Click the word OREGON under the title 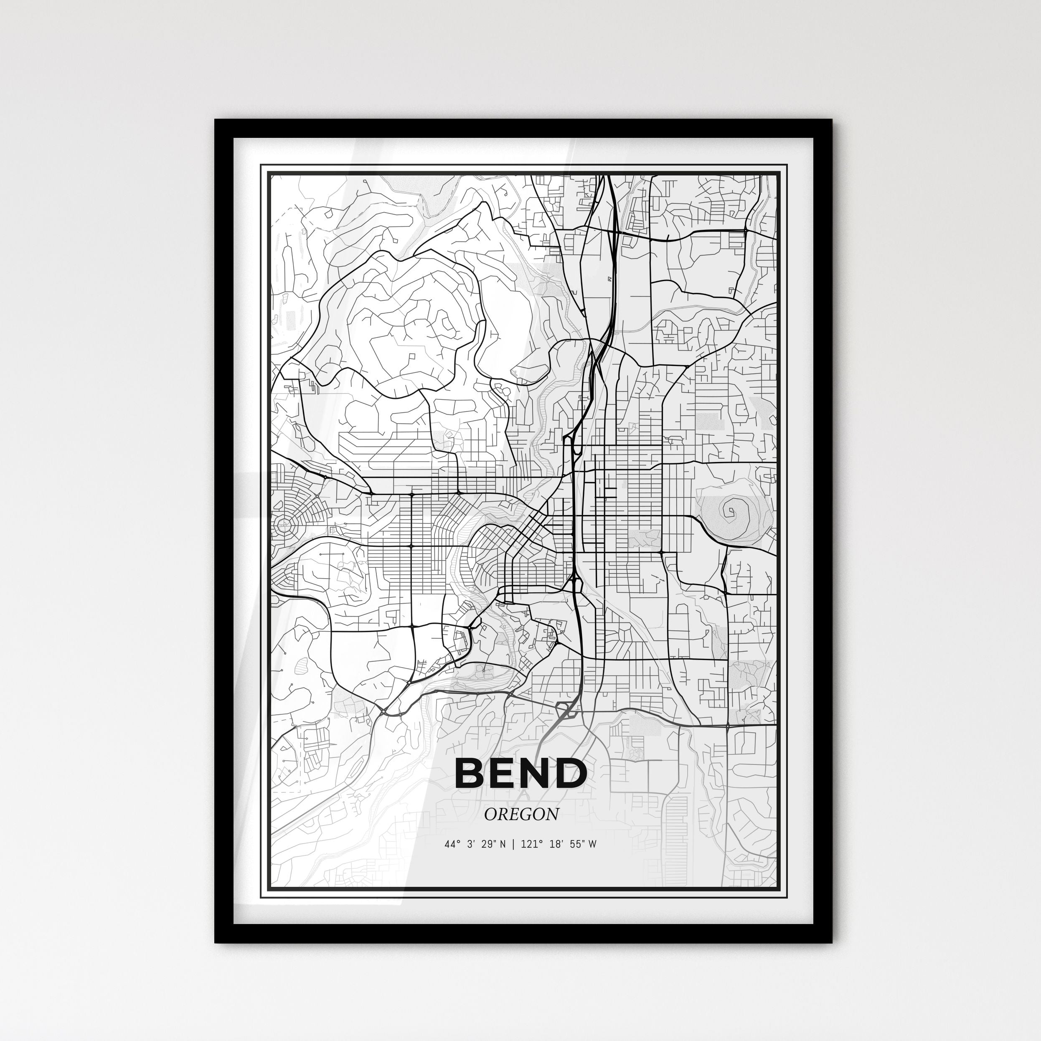tap(521, 814)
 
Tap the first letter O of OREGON tap(490, 814)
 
